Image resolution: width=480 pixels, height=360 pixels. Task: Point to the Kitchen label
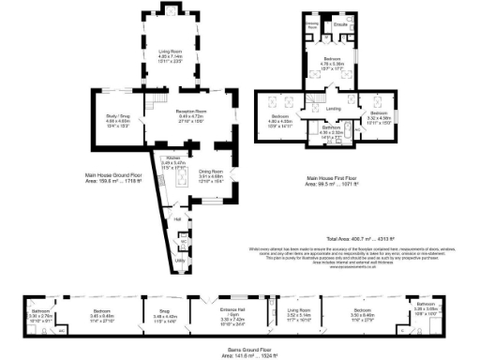click(174, 160)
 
